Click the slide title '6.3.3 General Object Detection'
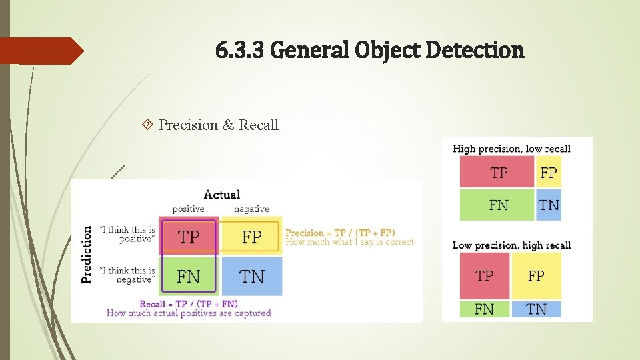[370, 49]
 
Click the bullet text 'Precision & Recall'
[219, 125]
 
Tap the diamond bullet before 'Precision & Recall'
[147, 125]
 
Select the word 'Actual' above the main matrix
[221, 195]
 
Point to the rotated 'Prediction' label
[87, 254]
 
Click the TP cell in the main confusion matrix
[189, 237]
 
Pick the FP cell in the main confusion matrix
[251, 237]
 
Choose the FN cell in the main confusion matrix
[189, 276]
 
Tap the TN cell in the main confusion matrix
[251, 276]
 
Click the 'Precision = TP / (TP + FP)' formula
[340, 233]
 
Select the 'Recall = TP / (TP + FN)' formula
[189, 304]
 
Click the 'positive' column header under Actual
[188, 209]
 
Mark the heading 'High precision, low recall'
[511, 149]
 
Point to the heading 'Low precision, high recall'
[511, 245]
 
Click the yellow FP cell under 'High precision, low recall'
[549, 173]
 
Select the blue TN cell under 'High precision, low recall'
[549, 205]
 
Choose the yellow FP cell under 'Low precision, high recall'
[536, 276]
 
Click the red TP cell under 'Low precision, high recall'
[485, 276]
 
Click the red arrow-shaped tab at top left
[40, 51]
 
